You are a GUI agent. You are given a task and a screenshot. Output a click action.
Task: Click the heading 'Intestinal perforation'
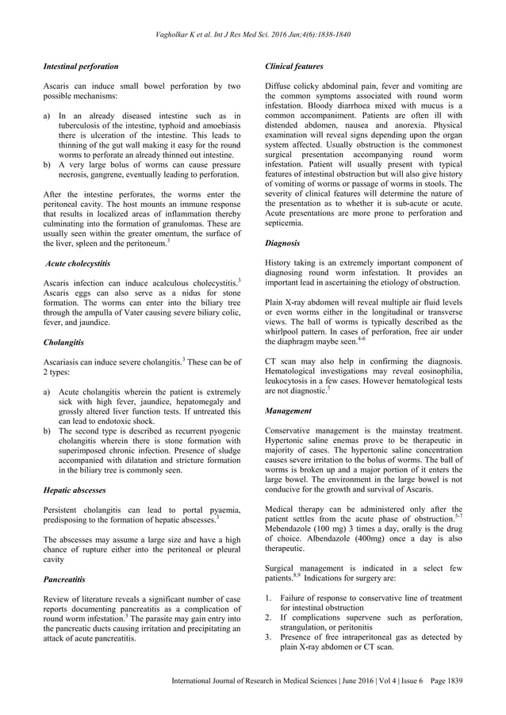coord(80,67)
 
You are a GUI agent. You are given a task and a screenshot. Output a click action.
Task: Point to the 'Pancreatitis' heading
coord(64,579)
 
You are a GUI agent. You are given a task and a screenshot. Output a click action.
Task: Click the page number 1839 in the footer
coord(454,680)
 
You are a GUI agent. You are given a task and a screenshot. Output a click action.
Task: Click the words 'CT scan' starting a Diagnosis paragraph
coord(279,361)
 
